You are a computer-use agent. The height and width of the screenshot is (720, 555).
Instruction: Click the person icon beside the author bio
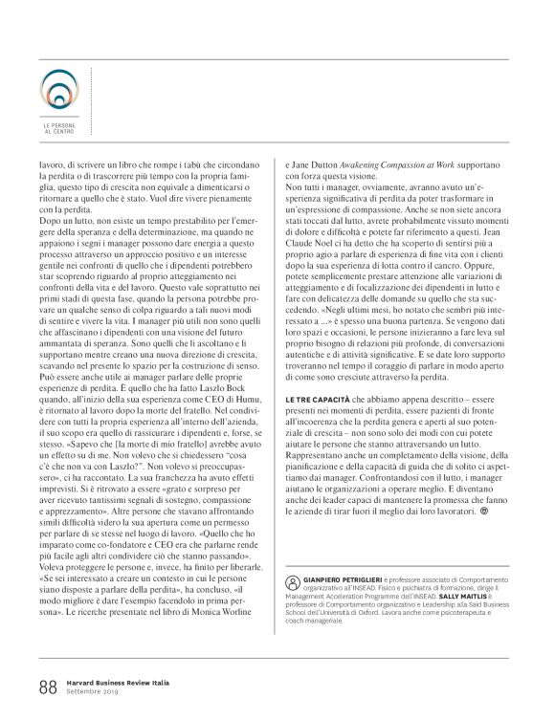pos(292,582)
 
